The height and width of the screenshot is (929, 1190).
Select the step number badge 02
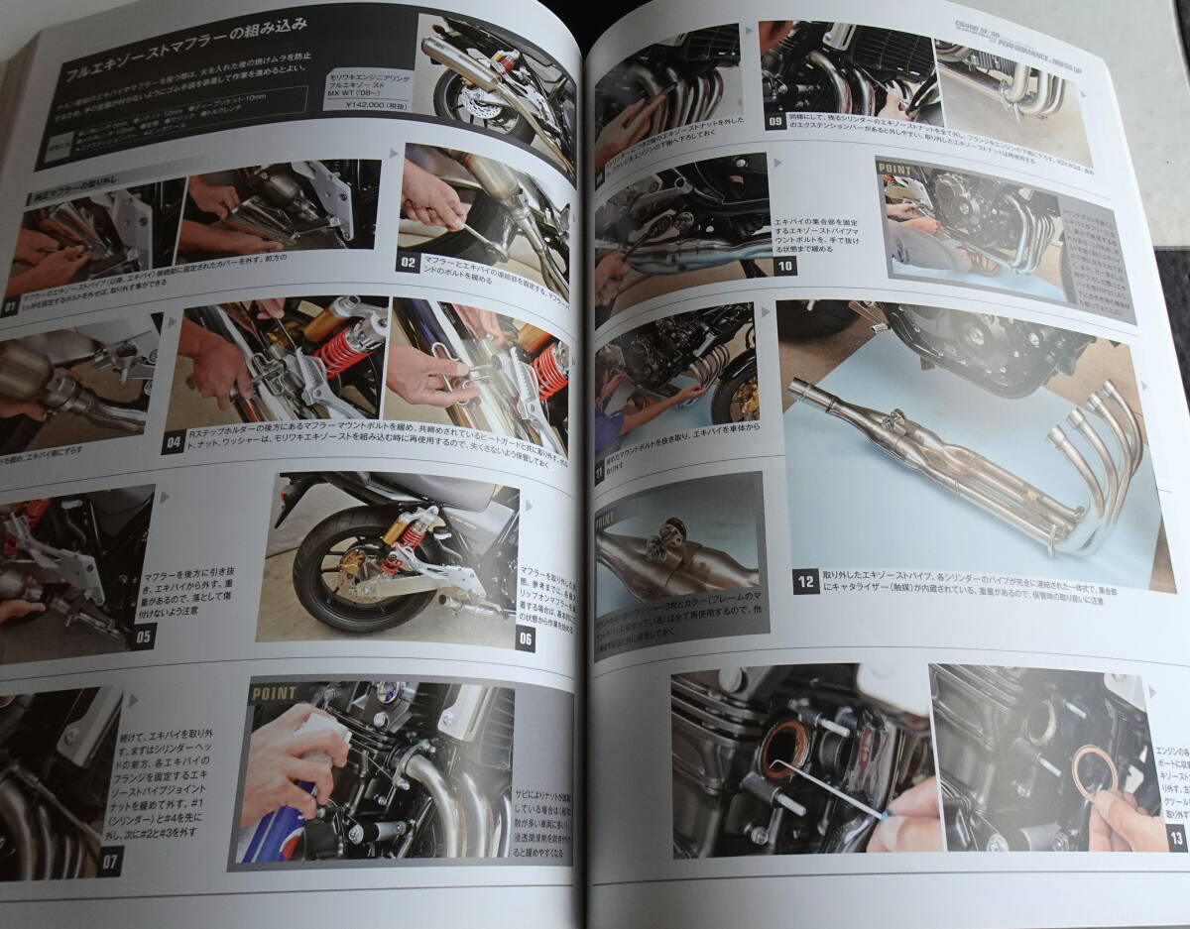click(x=406, y=263)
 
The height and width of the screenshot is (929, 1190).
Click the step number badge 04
click(x=174, y=440)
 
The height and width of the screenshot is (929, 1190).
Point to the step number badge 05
click(x=141, y=636)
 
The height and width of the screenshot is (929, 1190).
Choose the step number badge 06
click(x=526, y=639)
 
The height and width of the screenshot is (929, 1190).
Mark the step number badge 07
click(x=109, y=861)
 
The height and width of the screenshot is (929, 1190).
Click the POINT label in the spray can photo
click(x=276, y=692)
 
